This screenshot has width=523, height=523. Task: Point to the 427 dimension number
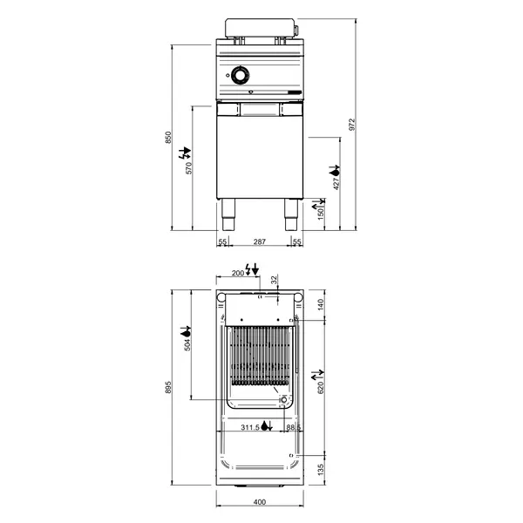click(x=336, y=180)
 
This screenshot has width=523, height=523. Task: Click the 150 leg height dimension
click(x=321, y=214)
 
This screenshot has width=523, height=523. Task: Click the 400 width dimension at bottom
click(x=259, y=502)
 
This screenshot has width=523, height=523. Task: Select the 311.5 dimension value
click(x=250, y=427)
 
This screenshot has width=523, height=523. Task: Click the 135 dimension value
click(x=320, y=471)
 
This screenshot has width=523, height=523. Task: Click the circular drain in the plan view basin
click(x=284, y=398)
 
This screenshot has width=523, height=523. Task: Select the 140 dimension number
click(x=320, y=304)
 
